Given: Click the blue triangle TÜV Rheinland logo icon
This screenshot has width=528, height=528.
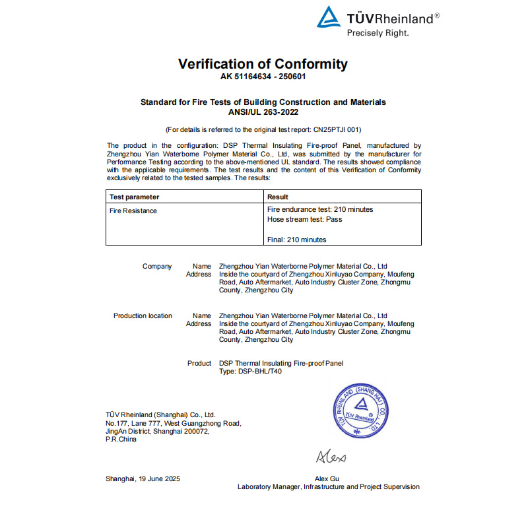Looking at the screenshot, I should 329,17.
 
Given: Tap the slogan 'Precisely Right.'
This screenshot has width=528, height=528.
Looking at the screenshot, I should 378,32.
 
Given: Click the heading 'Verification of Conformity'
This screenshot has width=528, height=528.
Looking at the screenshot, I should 263,64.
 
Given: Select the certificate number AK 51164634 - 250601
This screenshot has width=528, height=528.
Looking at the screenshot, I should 263,77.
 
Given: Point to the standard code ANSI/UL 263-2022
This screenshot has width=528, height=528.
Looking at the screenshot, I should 263,112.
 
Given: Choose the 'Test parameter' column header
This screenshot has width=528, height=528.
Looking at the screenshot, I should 134,197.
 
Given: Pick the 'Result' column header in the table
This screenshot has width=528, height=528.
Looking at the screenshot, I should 278,197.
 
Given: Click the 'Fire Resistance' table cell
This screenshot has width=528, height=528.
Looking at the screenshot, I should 133,211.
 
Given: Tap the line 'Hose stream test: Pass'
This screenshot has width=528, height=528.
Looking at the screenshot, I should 304,219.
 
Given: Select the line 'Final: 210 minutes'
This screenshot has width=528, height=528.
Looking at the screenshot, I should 296,240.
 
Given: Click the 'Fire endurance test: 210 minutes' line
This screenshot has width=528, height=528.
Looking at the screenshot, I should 320,209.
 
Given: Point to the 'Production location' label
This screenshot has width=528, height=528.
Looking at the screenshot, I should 143,315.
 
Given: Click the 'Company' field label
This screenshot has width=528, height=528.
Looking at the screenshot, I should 157,267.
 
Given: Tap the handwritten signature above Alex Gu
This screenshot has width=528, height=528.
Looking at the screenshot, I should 331,457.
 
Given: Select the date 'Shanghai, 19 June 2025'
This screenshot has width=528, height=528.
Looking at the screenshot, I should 143,478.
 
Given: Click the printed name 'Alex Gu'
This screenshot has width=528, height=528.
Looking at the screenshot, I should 328,478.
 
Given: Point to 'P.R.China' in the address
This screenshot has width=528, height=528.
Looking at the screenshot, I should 121,440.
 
